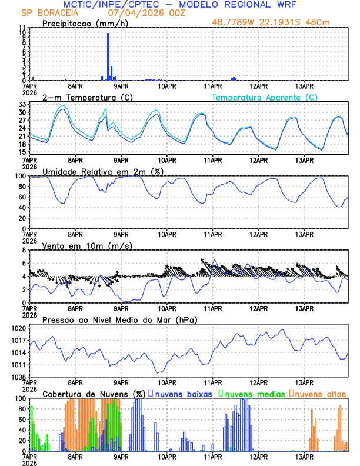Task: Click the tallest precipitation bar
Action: pyautogui.click(x=108, y=56)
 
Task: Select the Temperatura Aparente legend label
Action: pyautogui.click(x=264, y=97)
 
